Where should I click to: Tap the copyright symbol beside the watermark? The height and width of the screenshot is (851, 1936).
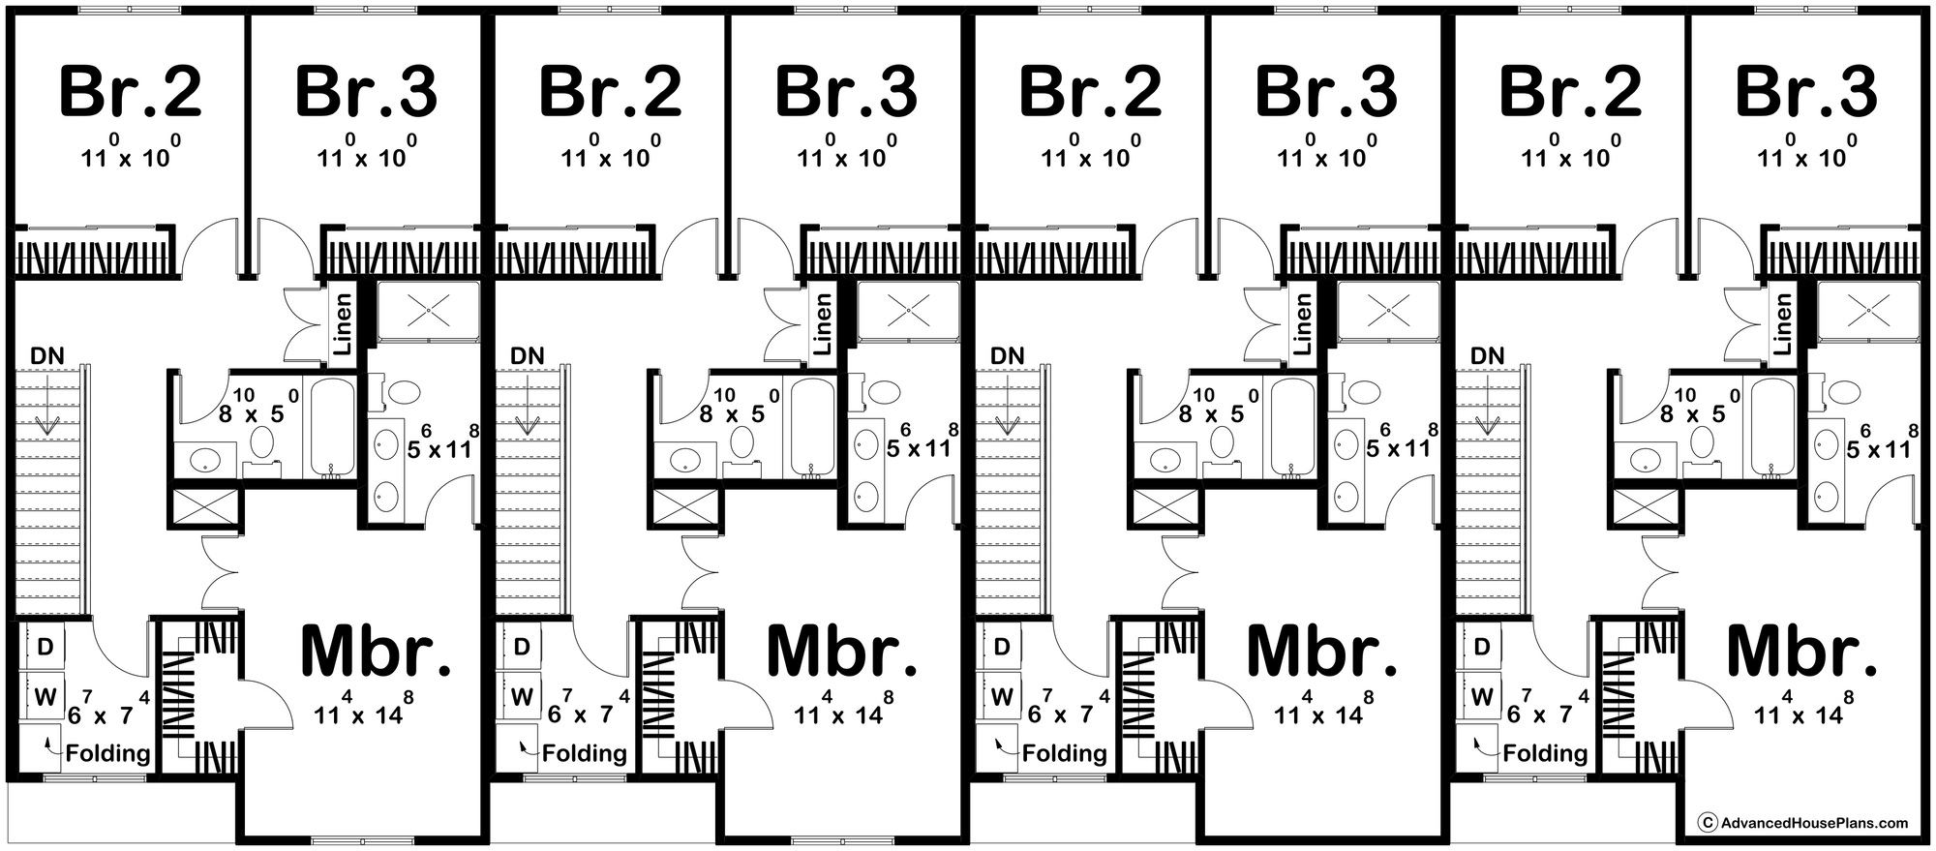(1709, 823)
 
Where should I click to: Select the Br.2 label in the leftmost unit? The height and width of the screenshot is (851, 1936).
(131, 92)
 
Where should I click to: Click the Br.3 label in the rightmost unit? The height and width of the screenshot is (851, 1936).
(1807, 92)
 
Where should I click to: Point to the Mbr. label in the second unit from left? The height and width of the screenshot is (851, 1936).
(841, 651)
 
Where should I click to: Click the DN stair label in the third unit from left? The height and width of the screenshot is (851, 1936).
(1008, 356)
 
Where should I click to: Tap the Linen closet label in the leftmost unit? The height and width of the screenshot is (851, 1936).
(343, 322)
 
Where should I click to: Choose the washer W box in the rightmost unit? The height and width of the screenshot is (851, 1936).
(1482, 696)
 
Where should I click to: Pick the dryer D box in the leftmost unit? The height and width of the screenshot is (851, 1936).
(45, 646)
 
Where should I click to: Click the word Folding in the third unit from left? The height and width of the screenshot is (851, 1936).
(1065, 753)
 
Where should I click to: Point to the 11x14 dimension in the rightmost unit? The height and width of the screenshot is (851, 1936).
(1799, 711)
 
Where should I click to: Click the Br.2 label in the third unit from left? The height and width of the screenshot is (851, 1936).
(1091, 92)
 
